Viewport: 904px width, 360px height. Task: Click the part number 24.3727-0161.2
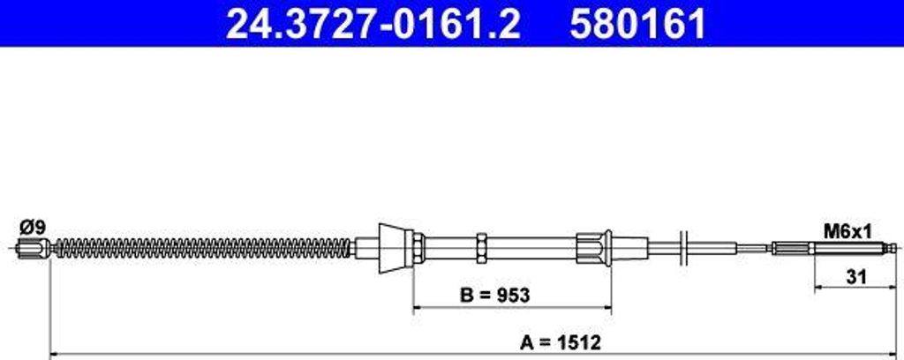[x=373, y=24]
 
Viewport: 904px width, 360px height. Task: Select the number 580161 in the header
[x=637, y=24]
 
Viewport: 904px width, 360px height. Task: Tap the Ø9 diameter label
[x=32, y=229]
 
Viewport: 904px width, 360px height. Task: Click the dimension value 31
[x=856, y=278]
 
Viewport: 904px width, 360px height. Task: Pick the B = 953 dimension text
[x=494, y=296]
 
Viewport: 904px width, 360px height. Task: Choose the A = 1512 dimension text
[x=561, y=343]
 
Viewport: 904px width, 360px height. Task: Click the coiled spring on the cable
[x=202, y=248]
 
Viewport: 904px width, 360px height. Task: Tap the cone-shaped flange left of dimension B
[x=392, y=248]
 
